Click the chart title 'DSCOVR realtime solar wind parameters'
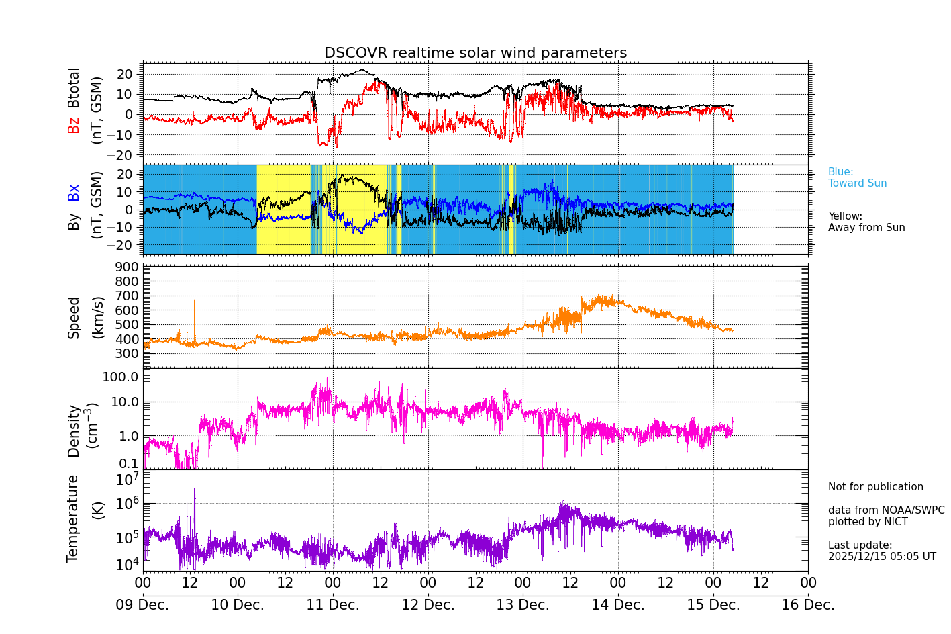[475, 53]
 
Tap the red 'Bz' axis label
[74, 125]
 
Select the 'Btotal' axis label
[74, 88]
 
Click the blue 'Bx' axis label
[74, 192]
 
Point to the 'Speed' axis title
[74, 318]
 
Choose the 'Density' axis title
[74, 431]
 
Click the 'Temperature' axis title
[72, 518]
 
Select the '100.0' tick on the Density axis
[120, 377]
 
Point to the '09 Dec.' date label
[142, 605]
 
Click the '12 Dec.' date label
[428, 605]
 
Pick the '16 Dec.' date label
[807, 605]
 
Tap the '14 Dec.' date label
[617, 605]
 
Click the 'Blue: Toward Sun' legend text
[857, 178]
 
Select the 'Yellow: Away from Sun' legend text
[866, 222]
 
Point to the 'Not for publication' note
[875, 487]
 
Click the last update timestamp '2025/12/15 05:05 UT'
[881, 557]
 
